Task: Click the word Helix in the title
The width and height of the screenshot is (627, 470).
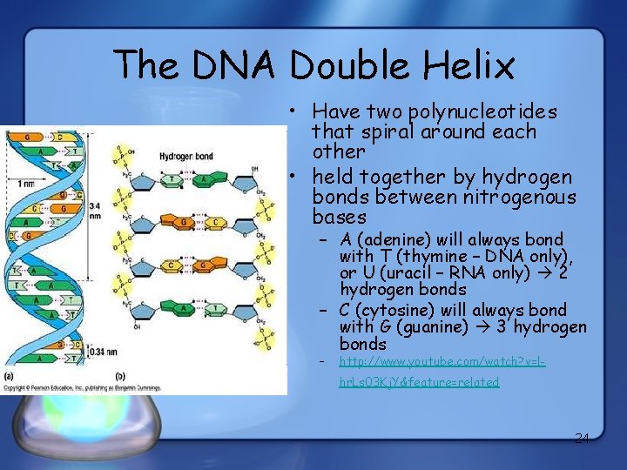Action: tap(467, 64)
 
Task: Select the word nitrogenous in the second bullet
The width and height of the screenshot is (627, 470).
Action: tap(520, 198)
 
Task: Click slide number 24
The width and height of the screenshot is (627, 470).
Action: tap(582, 438)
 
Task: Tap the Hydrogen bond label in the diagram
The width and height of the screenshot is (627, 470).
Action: tap(187, 157)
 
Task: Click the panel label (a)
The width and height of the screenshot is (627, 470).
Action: tap(10, 376)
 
